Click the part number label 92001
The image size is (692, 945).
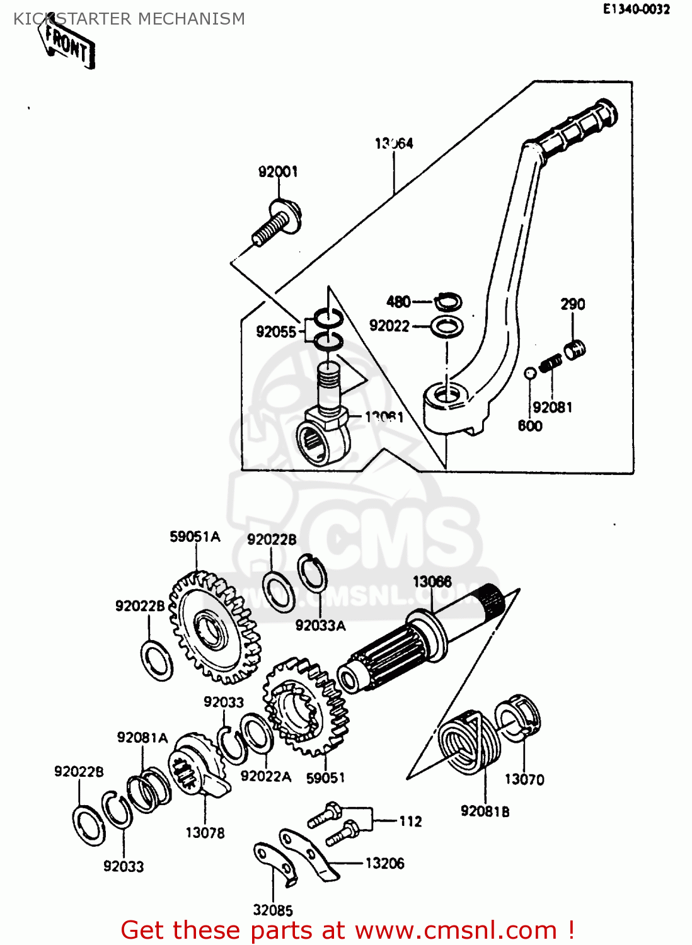tap(277, 171)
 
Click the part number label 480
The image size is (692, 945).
tap(398, 302)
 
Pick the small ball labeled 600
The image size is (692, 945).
tap(530, 373)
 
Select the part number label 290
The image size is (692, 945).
tap(573, 304)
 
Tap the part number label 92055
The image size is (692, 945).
tap(275, 332)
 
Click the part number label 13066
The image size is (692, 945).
tap(432, 581)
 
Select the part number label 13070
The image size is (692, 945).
tap(524, 779)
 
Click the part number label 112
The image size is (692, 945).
tap(410, 821)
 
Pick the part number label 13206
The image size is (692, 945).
tap(384, 863)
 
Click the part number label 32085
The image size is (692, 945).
tap(273, 910)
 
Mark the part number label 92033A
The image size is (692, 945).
tap(320, 626)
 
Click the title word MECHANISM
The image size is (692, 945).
tap(191, 19)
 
